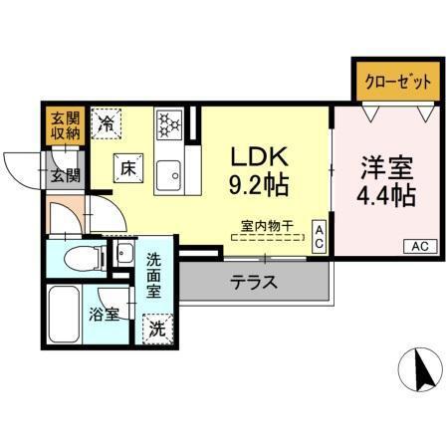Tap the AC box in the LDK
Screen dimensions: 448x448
(x=320, y=235)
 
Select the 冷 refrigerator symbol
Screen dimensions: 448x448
(x=108, y=124)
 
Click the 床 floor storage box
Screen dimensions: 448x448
(x=128, y=168)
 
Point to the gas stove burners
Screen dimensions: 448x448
(x=167, y=124)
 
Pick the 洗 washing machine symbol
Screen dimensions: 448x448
(x=155, y=327)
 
